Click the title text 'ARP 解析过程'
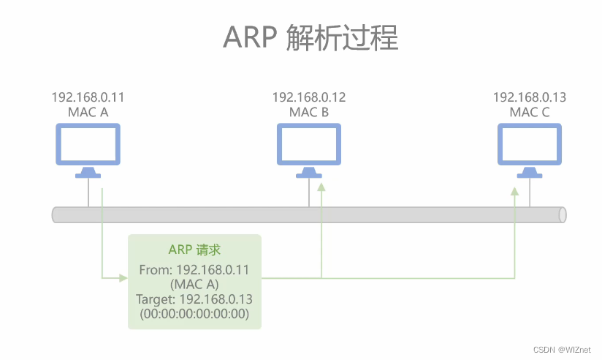(310, 37)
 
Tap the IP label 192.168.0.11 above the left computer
(88, 97)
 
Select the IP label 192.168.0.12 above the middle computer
(309, 97)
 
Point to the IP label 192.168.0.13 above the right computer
(530, 97)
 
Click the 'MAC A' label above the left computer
(88, 112)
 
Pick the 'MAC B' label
(309, 112)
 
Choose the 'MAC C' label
(530, 112)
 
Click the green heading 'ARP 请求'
(194, 250)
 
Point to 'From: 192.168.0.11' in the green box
(194, 270)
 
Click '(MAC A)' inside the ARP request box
(194, 285)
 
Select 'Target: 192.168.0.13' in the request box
(194, 299)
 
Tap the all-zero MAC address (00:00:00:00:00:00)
(194, 314)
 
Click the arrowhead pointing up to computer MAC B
(321, 188)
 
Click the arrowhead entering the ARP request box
(124, 277)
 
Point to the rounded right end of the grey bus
(562, 214)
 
